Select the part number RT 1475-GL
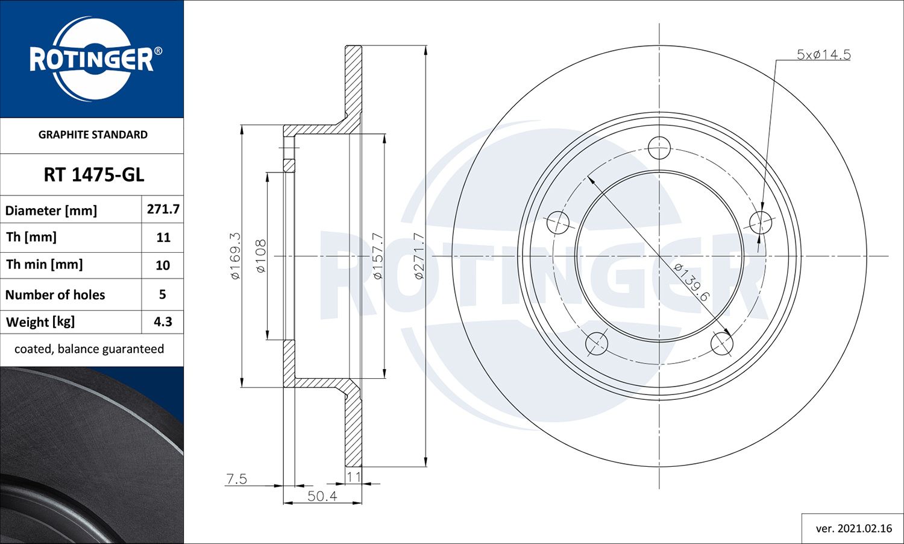pyautogui.click(x=93, y=175)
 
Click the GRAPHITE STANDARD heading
pyautogui.click(x=93, y=134)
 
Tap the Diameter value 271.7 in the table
pyautogui.click(x=163, y=209)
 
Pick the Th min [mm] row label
pyautogui.click(x=45, y=264)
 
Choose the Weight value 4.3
pyautogui.click(x=163, y=321)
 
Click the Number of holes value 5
pyautogui.click(x=162, y=294)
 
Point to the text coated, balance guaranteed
pyautogui.click(x=89, y=349)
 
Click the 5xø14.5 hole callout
pyautogui.click(x=823, y=54)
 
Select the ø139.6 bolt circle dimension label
pyautogui.click(x=692, y=282)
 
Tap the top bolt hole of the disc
pyautogui.click(x=659, y=147)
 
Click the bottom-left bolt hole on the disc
pyautogui.click(x=597, y=344)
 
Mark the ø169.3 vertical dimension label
pyautogui.click(x=235, y=256)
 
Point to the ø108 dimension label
pyautogui.click(x=260, y=256)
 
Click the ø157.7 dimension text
pyautogui.click(x=377, y=256)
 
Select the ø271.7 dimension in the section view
pyautogui.click(x=419, y=256)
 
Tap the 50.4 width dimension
pyautogui.click(x=322, y=496)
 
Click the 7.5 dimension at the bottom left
pyautogui.click(x=236, y=479)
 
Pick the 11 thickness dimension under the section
pyautogui.click(x=353, y=476)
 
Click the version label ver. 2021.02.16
pyautogui.click(x=853, y=528)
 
